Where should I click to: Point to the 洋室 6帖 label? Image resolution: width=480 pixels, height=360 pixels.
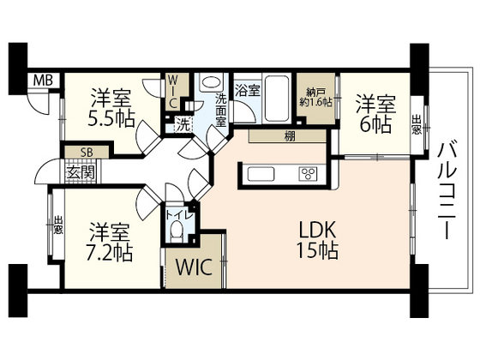click(375, 113)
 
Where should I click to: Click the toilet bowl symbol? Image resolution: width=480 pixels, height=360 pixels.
click(177, 230)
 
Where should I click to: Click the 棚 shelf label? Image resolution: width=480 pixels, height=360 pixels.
click(282, 135)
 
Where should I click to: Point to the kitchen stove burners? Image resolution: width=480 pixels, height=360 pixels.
click(307, 174)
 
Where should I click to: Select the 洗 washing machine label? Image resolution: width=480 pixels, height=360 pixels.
click(182, 123)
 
